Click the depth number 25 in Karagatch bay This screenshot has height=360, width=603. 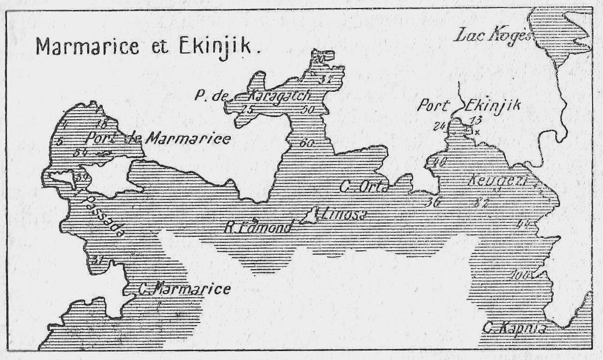click(x=247, y=109)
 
